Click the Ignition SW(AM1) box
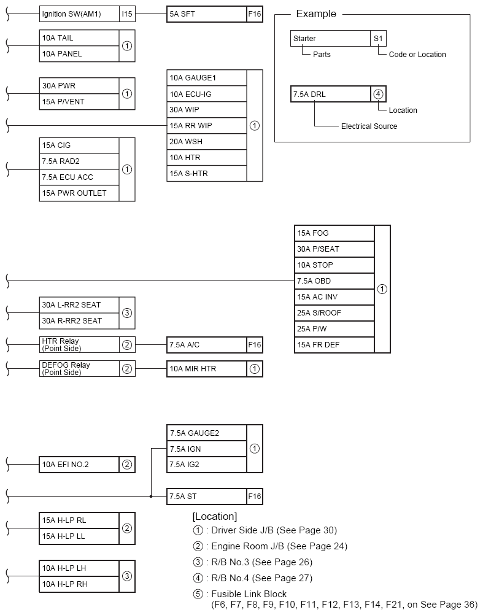pyautogui.click(x=79, y=14)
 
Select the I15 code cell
pyautogui.click(x=127, y=14)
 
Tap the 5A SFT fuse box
pyautogui.click(x=207, y=14)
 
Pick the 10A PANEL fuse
pyautogui.click(x=79, y=54)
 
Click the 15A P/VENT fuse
pyautogui.click(x=79, y=102)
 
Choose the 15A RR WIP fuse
pyautogui.click(x=207, y=126)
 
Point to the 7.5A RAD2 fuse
pyautogui.click(x=79, y=161)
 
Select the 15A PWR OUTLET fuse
pyautogui.click(x=79, y=193)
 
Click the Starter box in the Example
pyautogui.click(x=330, y=39)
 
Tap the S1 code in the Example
pyautogui.click(x=379, y=39)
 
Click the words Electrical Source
pyautogui.click(x=369, y=126)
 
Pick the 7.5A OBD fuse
pyautogui.click(x=334, y=281)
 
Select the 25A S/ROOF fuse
pyautogui.click(x=334, y=313)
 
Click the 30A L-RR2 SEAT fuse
pyautogui.click(x=79, y=305)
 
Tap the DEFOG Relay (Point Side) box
pyautogui.click(x=79, y=369)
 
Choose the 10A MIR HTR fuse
pyautogui.click(x=207, y=369)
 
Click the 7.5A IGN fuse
pyautogui.click(x=207, y=449)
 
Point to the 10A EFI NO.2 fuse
pyautogui.click(x=79, y=465)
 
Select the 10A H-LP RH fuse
pyautogui.click(x=79, y=584)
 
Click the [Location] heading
pyautogui.click(x=214, y=516)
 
